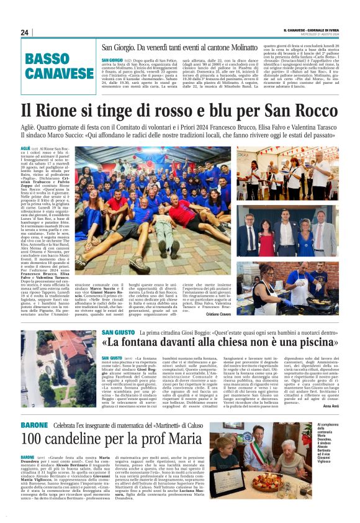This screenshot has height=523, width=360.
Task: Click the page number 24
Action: click(25, 32)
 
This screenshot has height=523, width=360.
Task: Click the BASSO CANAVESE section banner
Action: click(59, 67)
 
